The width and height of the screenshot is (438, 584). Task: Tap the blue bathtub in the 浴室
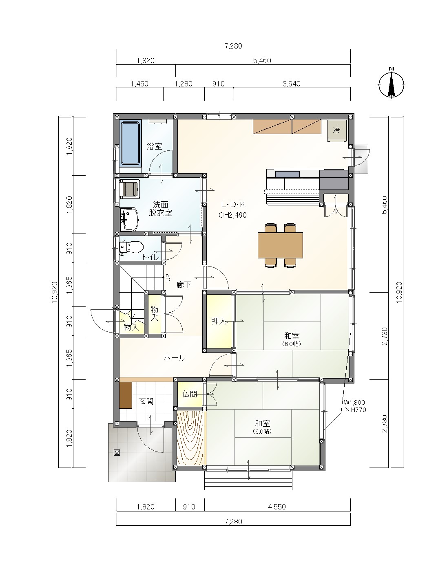tap(130, 143)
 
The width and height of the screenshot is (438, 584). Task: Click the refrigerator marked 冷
tap(337, 131)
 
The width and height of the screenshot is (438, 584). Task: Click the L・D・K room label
tap(233, 205)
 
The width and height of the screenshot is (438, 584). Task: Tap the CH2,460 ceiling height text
tap(232, 215)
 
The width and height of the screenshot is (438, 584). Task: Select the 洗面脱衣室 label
tap(160, 209)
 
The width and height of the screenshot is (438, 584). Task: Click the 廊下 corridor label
tap(184, 285)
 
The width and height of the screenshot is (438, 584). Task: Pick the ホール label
tap(175, 358)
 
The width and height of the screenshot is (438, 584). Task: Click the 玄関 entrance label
tap(146, 401)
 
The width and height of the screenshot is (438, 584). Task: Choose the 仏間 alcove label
tap(190, 394)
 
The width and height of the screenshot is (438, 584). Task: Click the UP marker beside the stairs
tap(168, 278)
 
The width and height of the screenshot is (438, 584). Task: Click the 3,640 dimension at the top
tap(292, 84)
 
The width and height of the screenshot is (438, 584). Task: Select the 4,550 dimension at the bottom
tap(277, 507)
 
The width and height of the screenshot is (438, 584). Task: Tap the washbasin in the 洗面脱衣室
tap(129, 220)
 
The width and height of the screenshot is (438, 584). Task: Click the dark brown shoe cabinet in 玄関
tap(126, 395)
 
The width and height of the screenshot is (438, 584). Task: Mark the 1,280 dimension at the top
tap(184, 84)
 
